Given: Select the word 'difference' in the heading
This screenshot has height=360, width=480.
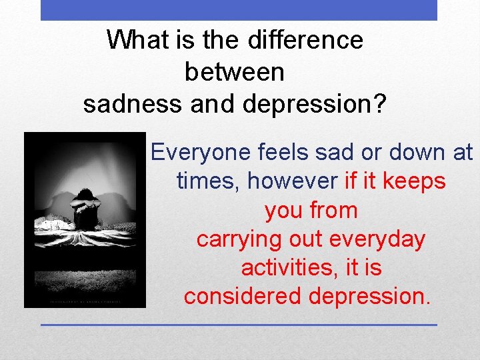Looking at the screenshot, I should (x=305, y=41).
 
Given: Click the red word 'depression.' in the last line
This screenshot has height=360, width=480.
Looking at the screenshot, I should (x=370, y=296).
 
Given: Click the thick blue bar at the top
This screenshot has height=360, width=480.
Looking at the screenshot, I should (x=239, y=10).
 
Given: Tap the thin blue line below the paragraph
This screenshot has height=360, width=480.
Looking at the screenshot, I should (x=239, y=325).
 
